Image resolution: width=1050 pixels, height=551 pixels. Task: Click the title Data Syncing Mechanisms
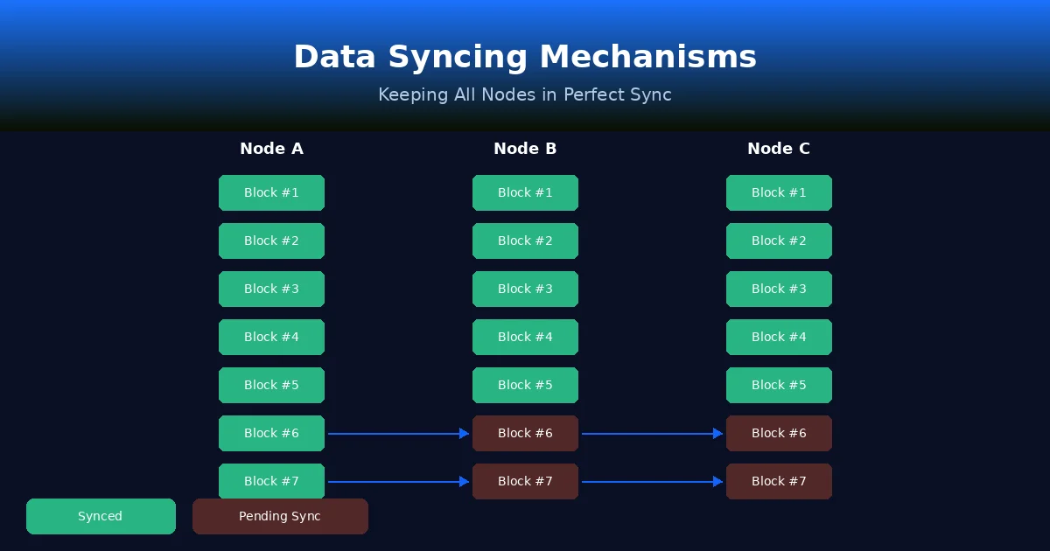click(x=525, y=57)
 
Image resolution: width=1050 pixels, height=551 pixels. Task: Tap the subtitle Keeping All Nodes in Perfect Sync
click(x=525, y=94)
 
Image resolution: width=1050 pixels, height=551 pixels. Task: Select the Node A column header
click(x=271, y=149)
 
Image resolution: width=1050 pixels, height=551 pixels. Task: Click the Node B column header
click(x=525, y=149)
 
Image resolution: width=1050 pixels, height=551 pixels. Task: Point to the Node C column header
click(x=779, y=149)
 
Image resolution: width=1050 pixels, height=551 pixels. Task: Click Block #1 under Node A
click(x=271, y=192)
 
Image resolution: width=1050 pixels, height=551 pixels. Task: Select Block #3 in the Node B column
click(x=525, y=289)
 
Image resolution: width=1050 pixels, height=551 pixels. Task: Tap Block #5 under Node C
click(x=779, y=385)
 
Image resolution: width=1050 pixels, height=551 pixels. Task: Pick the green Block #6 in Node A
click(x=271, y=433)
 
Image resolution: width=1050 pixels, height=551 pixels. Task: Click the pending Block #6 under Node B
click(x=525, y=433)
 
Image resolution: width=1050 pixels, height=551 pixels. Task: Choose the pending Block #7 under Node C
click(x=779, y=481)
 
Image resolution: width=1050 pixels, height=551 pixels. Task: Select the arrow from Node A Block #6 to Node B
click(x=398, y=433)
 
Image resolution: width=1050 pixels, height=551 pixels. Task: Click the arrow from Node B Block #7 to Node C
click(x=652, y=481)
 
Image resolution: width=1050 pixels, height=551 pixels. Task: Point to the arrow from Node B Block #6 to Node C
click(x=652, y=433)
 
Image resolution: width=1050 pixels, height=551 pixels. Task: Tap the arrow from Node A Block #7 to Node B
click(x=398, y=481)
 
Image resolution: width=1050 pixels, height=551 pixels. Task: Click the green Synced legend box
click(x=101, y=516)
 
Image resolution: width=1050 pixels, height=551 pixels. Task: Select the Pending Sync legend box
click(x=280, y=516)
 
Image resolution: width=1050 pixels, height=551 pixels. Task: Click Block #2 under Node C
click(x=779, y=241)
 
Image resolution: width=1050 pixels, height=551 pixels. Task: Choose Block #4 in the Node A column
click(x=271, y=337)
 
